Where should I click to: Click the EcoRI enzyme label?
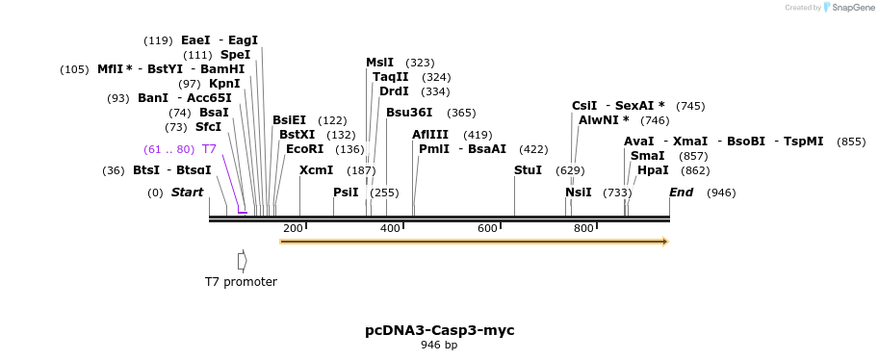[305, 149]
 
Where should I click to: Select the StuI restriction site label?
[529, 170]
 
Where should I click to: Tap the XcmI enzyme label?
[317, 170]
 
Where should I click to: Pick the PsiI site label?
[346, 193]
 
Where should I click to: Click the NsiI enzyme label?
[579, 193]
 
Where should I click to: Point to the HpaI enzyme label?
[653, 170]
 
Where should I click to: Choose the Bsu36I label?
[409, 113]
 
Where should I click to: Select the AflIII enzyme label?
[430, 135]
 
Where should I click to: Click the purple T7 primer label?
[209, 149]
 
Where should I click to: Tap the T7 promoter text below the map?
[241, 282]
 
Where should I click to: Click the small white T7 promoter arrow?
[243, 261]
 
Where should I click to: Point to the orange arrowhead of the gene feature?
[664, 241]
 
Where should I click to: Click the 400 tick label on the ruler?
[390, 228]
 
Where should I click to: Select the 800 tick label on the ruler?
[583, 228]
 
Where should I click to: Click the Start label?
[188, 193]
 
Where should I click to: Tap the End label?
[682, 193]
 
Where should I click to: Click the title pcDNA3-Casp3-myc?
[439, 330]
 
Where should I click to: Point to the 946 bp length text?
[439, 345]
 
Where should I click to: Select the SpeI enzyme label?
[235, 55]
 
